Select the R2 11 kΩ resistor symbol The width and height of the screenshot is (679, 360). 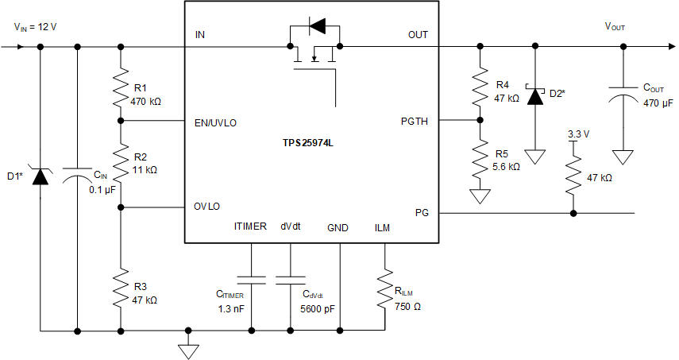(120, 164)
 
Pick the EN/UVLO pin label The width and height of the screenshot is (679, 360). (215, 122)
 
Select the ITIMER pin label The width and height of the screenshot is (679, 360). (250, 227)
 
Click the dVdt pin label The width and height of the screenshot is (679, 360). (291, 227)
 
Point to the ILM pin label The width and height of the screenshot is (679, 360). (383, 227)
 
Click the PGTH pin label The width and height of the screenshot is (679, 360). (415, 122)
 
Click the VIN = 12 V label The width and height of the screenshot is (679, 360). (36, 26)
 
